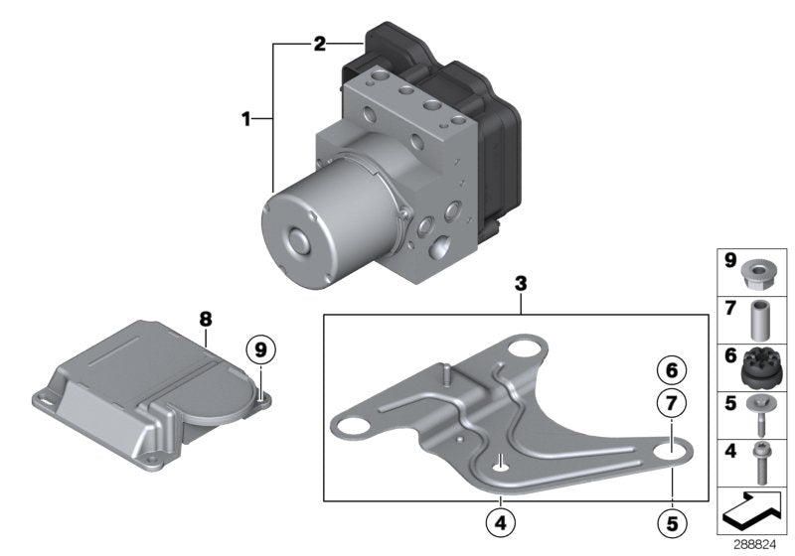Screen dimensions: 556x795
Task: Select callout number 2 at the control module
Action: [319, 44]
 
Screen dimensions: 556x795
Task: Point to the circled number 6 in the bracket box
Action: [671, 370]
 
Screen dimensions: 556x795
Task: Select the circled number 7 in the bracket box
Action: [671, 403]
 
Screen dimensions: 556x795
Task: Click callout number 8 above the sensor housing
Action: [206, 319]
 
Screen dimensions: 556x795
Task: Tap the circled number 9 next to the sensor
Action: [261, 349]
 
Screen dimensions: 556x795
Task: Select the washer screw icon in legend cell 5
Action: [759, 413]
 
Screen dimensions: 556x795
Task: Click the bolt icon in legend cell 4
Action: [759, 461]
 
